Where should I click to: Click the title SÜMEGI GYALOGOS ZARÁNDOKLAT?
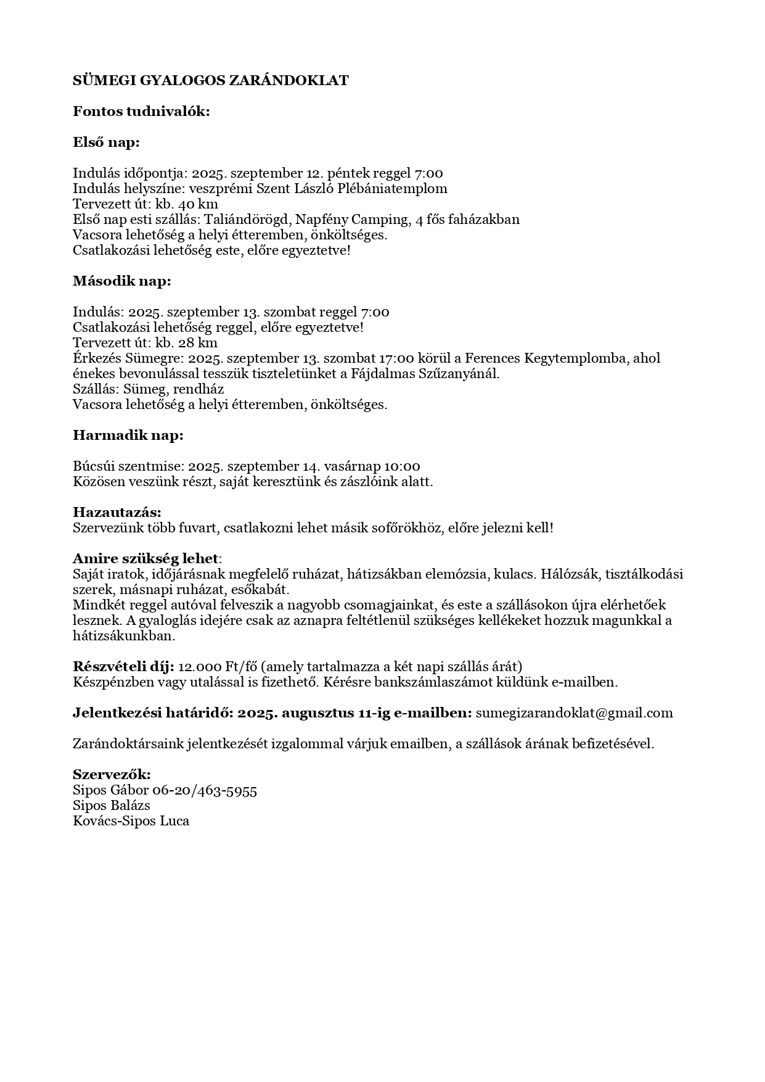point(210,80)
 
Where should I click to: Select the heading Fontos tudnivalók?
point(141,111)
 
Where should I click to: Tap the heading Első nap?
point(106,142)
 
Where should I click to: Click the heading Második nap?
point(121,281)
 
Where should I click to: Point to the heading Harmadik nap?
point(128,435)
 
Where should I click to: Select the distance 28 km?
point(198,343)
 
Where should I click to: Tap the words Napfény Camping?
point(352,220)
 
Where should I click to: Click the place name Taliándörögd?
point(247,220)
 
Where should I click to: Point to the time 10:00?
point(402,466)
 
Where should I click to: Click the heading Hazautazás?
point(117,512)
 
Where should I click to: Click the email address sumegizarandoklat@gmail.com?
point(574,713)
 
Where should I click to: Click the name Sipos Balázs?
point(112,806)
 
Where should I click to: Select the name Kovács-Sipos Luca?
point(131,821)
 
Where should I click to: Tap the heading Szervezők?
point(112,775)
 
